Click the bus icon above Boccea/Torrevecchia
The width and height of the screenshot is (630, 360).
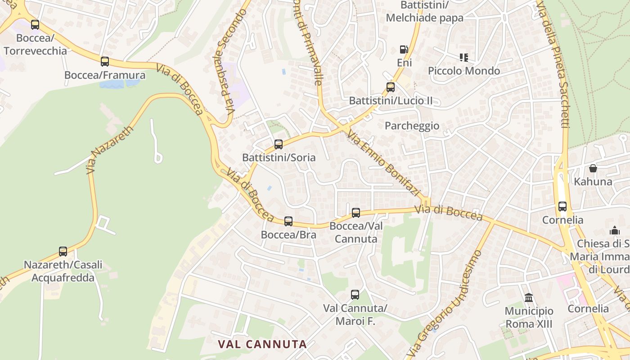pyautogui.click(x=35, y=25)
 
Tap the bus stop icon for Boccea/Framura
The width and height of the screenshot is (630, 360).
pyautogui.click(x=105, y=62)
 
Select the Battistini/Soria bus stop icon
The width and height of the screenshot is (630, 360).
pyautogui.click(x=279, y=144)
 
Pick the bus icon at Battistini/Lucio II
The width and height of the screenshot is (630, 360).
pyautogui.click(x=391, y=87)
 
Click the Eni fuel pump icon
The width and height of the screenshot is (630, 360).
pyautogui.click(x=404, y=49)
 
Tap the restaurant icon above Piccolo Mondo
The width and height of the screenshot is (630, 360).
pyautogui.click(x=464, y=57)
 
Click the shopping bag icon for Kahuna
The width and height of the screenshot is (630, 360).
pyautogui.click(x=593, y=168)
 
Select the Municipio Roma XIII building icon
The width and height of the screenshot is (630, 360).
pyautogui.click(x=529, y=297)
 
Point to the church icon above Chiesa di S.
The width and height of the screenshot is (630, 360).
pyautogui.click(x=615, y=230)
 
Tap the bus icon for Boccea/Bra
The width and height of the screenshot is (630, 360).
pyautogui.click(x=288, y=221)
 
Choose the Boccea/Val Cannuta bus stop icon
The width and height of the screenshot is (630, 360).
pyautogui.click(x=356, y=212)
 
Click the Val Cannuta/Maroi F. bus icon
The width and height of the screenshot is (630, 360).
pyautogui.click(x=355, y=295)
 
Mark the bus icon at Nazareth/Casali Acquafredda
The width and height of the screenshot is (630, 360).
pyautogui.click(x=63, y=252)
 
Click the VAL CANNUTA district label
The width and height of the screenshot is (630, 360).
pyautogui.click(x=262, y=344)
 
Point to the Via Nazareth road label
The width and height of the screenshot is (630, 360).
pyautogui.click(x=110, y=150)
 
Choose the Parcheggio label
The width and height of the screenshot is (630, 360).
pyautogui.click(x=412, y=126)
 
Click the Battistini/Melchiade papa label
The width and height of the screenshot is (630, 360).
pyautogui.click(x=424, y=11)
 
